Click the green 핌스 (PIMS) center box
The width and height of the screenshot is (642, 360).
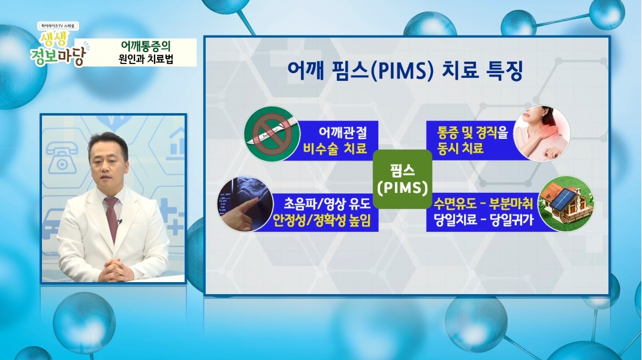(x=402, y=179)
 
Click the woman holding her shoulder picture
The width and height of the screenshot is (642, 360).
(x=541, y=134)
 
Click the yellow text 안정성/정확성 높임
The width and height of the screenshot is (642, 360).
(x=322, y=221)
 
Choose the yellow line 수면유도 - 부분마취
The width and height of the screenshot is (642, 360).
(x=483, y=202)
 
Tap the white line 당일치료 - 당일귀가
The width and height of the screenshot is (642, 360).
(x=483, y=221)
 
